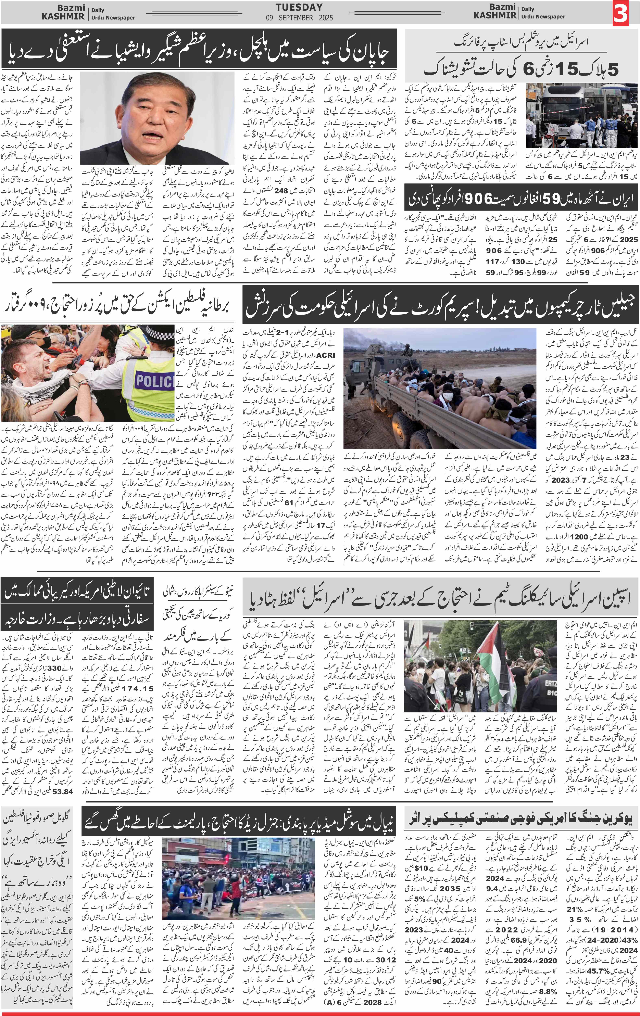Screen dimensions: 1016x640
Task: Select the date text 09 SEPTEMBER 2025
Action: (299, 18)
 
